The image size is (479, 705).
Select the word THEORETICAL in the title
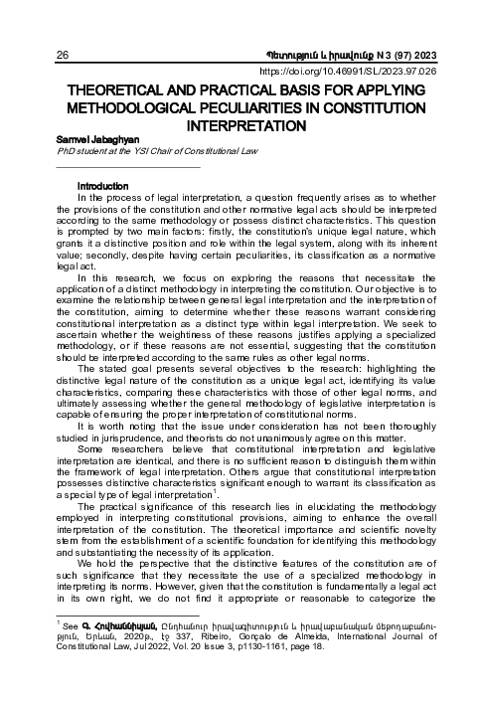(x=121, y=91)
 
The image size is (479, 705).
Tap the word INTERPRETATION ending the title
(x=239, y=128)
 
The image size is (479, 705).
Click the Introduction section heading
(x=104, y=186)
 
